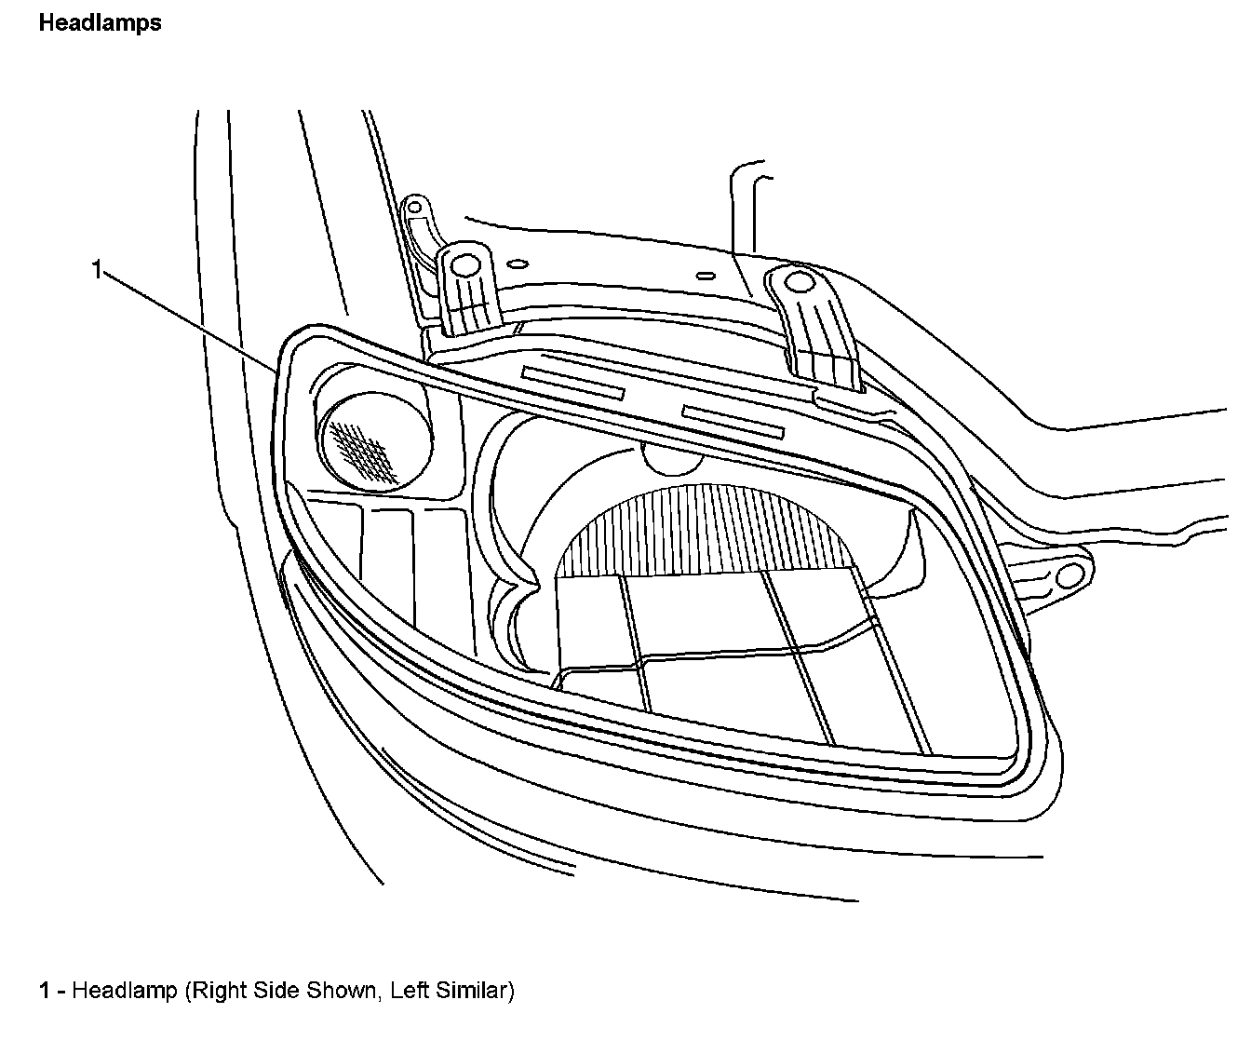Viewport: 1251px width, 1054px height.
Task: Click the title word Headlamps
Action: click(100, 24)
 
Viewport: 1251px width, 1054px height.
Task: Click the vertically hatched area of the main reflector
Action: click(707, 527)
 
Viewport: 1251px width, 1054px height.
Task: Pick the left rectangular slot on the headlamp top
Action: click(572, 382)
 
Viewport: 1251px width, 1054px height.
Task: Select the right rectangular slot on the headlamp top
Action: click(733, 421)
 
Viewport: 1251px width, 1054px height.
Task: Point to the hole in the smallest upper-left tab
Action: click(414, 205)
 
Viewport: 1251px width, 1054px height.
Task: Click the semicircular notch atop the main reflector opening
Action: click(673, 459)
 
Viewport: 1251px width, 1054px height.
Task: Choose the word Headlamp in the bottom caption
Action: click(124, 991)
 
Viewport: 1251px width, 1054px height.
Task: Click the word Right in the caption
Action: click(214, 991)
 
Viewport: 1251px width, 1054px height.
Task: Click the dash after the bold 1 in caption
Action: click(61, 992)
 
